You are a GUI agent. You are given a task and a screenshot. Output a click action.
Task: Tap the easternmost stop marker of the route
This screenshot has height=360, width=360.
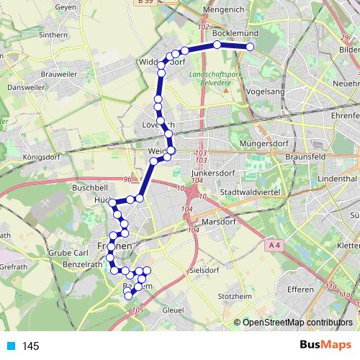[x=251, y=47]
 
